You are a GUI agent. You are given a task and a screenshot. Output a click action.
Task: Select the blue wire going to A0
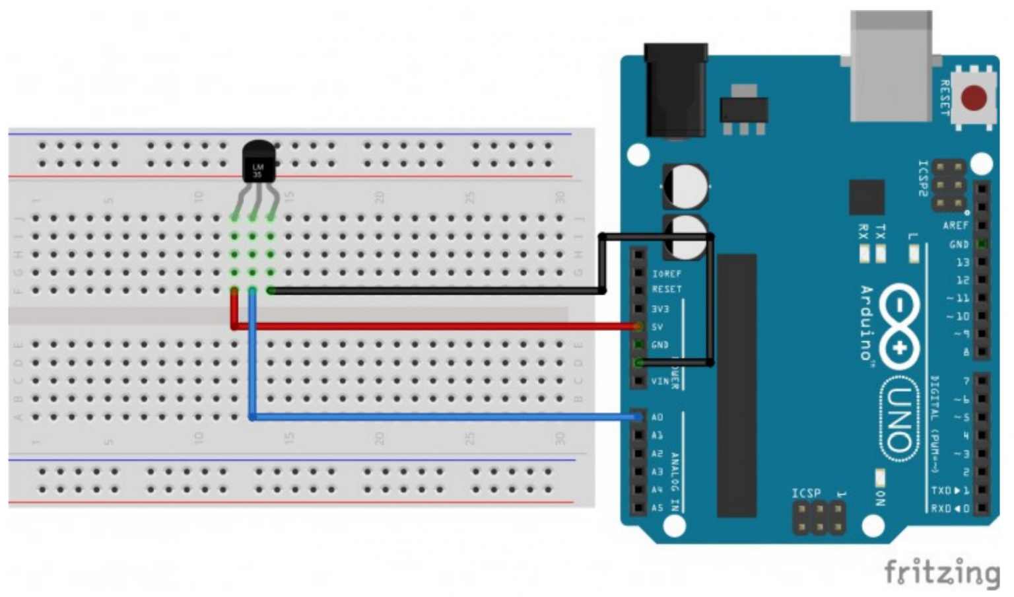coord(436,417)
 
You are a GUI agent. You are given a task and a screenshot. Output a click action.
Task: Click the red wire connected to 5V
coord(436,326)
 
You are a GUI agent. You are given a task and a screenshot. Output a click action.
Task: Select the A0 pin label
coord(657,417)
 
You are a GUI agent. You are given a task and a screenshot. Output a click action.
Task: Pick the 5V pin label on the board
coord(658,327)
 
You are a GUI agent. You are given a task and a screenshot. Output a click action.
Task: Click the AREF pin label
coord(955,226)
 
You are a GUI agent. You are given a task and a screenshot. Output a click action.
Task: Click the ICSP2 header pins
coord(949,186)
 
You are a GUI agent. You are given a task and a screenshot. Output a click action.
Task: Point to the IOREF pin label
coord(667,273)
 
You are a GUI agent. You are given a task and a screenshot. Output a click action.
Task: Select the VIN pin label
coord(659,381)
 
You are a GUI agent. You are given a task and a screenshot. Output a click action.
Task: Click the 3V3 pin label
coord(660,309)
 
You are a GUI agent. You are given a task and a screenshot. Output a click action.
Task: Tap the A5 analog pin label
coord(657,508)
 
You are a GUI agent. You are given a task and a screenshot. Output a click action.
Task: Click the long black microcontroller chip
coord(737,385)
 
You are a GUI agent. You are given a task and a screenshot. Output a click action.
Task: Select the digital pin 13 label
coord(963,262)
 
